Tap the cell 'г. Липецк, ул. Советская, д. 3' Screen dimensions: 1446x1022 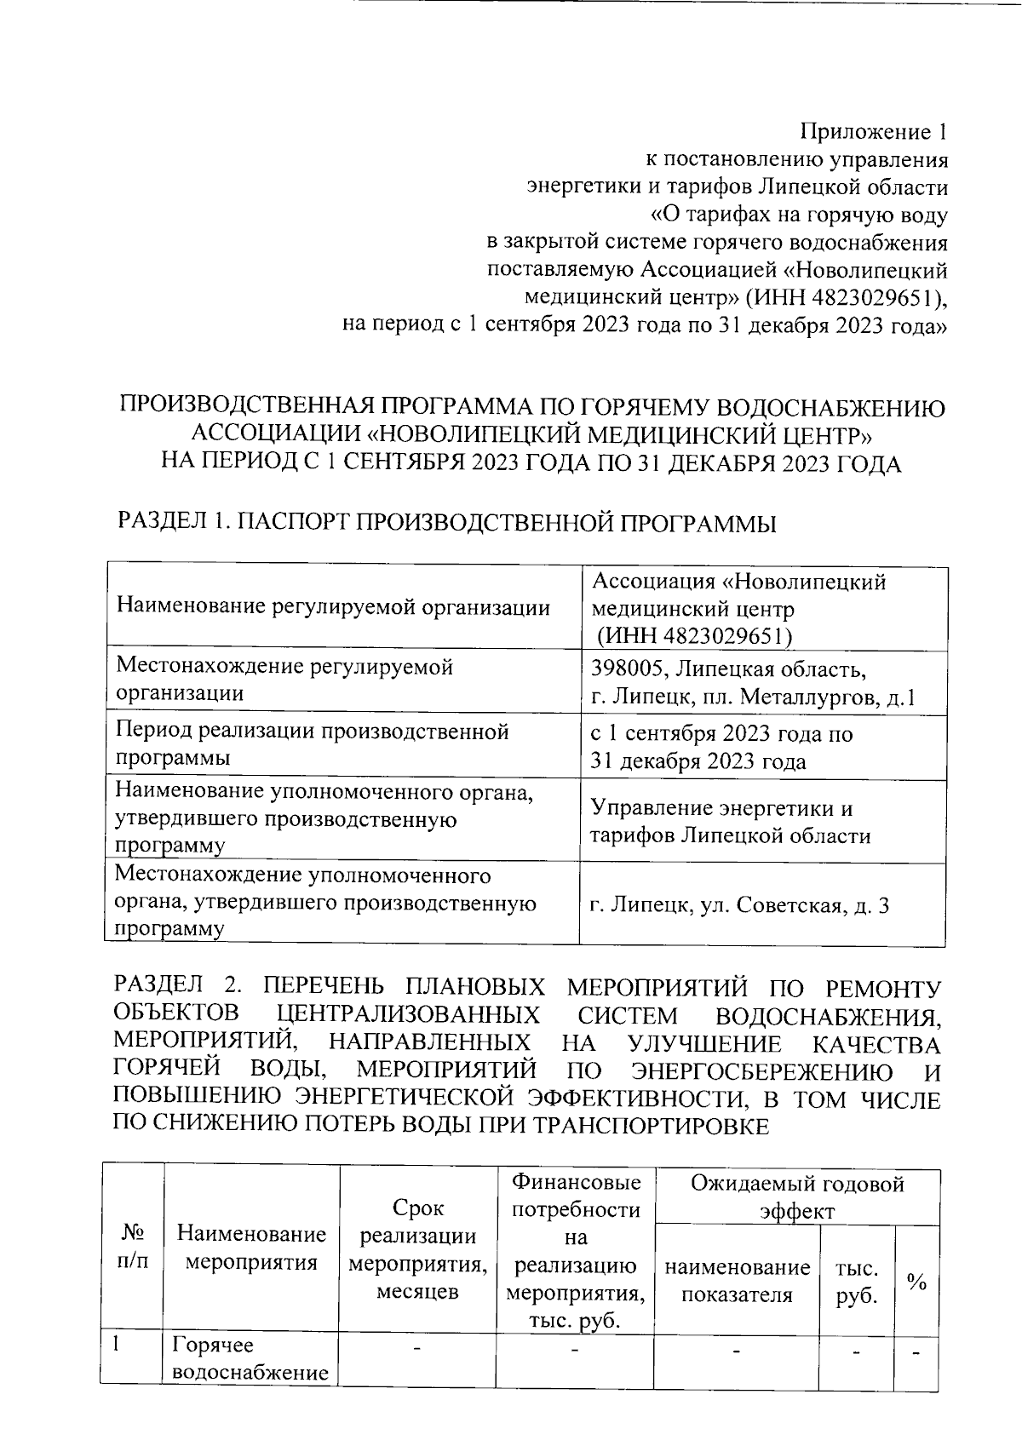(739, 905)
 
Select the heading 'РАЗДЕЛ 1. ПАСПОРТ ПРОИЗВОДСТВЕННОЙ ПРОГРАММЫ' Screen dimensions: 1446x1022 (445, 523)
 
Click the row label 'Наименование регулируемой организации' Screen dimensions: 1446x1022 (333, 607)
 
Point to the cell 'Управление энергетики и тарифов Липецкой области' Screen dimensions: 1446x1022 (730, 822)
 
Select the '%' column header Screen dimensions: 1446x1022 (916, 1282)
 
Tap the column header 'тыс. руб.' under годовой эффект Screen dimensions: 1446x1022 (856, 1282)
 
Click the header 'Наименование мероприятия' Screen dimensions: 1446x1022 (251, 1248)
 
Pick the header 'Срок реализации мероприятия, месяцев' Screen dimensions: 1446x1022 (417, 1248)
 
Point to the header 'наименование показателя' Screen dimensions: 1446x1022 (737, 1282)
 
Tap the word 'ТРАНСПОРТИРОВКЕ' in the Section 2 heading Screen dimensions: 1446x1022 (650, 1127)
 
